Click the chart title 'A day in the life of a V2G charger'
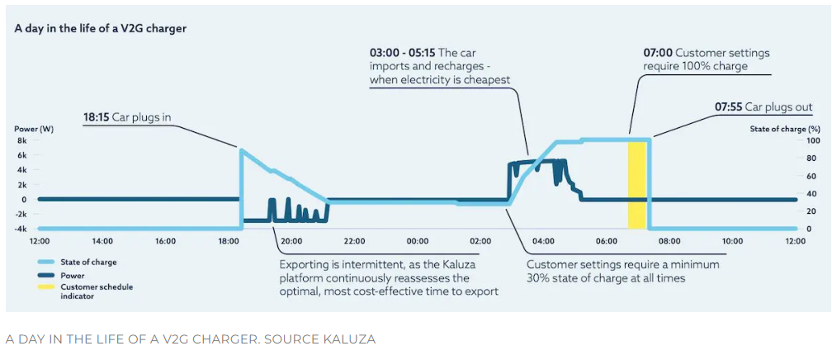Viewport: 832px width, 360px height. pos(101,28)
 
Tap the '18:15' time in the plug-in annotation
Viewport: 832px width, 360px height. pos(97,117)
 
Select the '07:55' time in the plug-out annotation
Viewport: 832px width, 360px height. pos(728,107)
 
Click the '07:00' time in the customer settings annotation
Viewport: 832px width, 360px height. pos(657,53)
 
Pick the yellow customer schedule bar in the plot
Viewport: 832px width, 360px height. pos(636,185)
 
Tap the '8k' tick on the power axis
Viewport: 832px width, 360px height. pos(22,140)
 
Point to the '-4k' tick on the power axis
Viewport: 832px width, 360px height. pos(21,229)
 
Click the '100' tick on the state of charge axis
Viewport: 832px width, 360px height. pos(787,140)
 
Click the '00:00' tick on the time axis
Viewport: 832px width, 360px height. pos(418,241)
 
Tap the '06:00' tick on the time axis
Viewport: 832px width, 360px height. pos(607,241)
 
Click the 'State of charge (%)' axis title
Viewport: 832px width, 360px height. pos(785,129)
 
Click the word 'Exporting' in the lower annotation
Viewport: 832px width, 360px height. pos(305,264)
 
